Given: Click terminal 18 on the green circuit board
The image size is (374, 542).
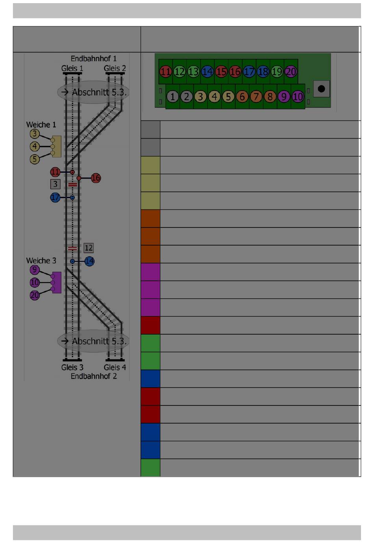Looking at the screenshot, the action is (263, 72).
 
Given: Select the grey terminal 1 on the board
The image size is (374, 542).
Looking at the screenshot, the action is (172, 96).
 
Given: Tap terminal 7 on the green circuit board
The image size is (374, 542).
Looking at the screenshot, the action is (256, 96).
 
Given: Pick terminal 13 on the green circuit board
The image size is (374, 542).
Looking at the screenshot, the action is (193, 72).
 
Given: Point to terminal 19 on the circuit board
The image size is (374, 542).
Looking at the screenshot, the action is (277, 72).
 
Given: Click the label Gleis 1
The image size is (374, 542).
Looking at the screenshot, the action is (72, 68).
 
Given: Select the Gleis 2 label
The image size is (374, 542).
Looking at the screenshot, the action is (115, 68).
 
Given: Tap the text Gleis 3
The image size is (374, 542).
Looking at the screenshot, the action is (72, 367).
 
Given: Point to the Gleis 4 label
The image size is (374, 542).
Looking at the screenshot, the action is (115, 367).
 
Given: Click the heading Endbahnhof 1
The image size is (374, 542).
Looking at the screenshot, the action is (93, 59).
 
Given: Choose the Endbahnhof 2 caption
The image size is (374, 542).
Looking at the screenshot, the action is (93, 376).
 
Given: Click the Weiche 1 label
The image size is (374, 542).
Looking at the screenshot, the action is (41, 125).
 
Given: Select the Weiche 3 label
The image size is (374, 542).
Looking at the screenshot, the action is (41, 261).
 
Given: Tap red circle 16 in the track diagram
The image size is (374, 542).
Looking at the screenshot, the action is (96, 178).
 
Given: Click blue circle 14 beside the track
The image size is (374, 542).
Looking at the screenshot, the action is (89, 261).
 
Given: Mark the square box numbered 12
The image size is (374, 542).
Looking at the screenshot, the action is (89, 248).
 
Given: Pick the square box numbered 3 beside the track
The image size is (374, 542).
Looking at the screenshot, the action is (55, 184).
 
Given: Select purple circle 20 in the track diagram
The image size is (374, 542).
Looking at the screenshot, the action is (35, 295).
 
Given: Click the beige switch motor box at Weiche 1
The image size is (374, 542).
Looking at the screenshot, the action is (57, 146).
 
